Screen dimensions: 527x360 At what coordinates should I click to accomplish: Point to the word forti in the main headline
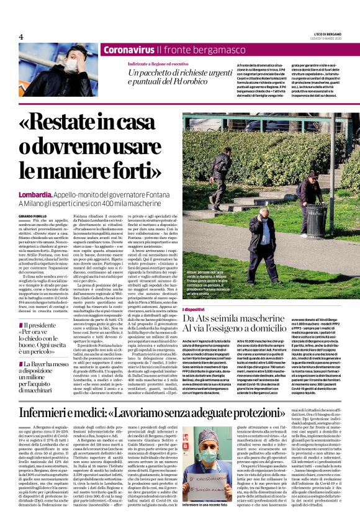[x=132, y=168]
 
